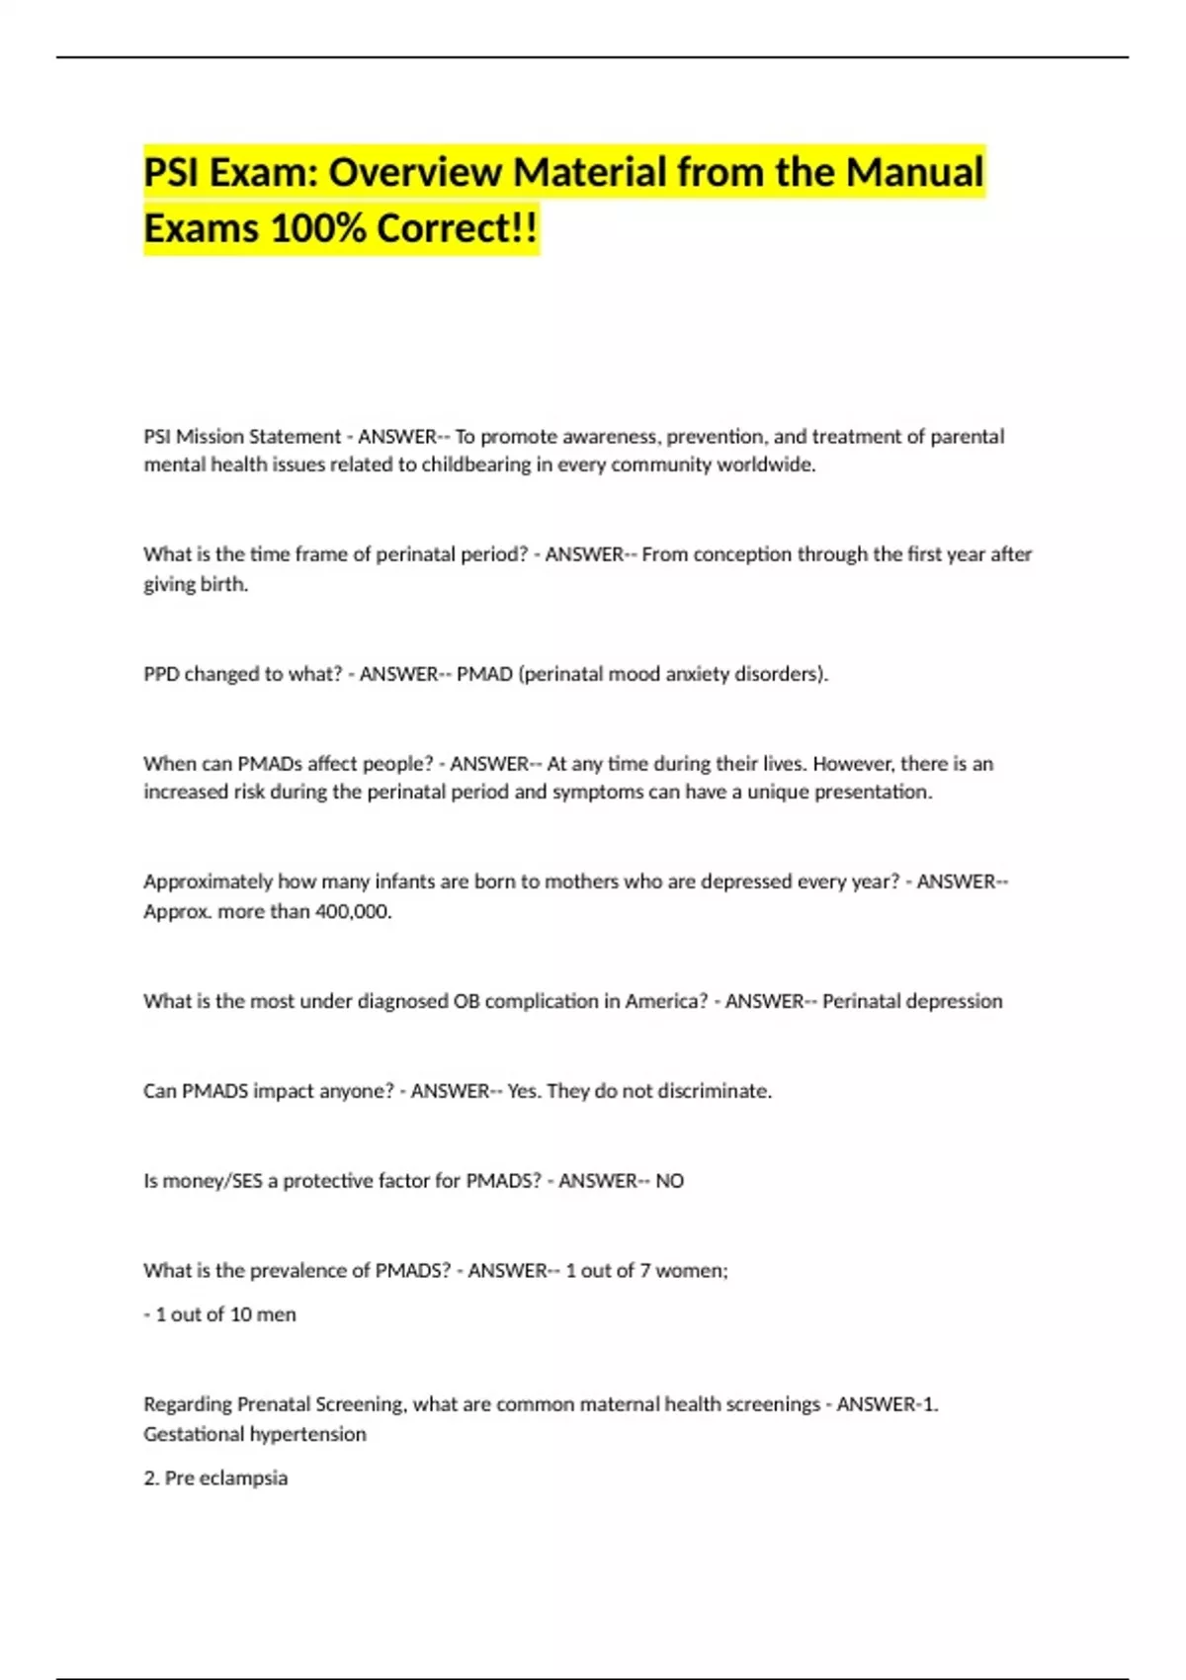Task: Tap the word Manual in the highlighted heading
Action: pyautogui.click(x=914, y=172)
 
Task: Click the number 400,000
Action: pyautogui.click(x=353, y=912)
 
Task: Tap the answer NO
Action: pyautogui.click(x=669, y=1181)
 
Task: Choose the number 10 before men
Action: pyautogui.click(x=240, y=1314)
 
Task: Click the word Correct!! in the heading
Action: pyautogui.click(x=458, y=228)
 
